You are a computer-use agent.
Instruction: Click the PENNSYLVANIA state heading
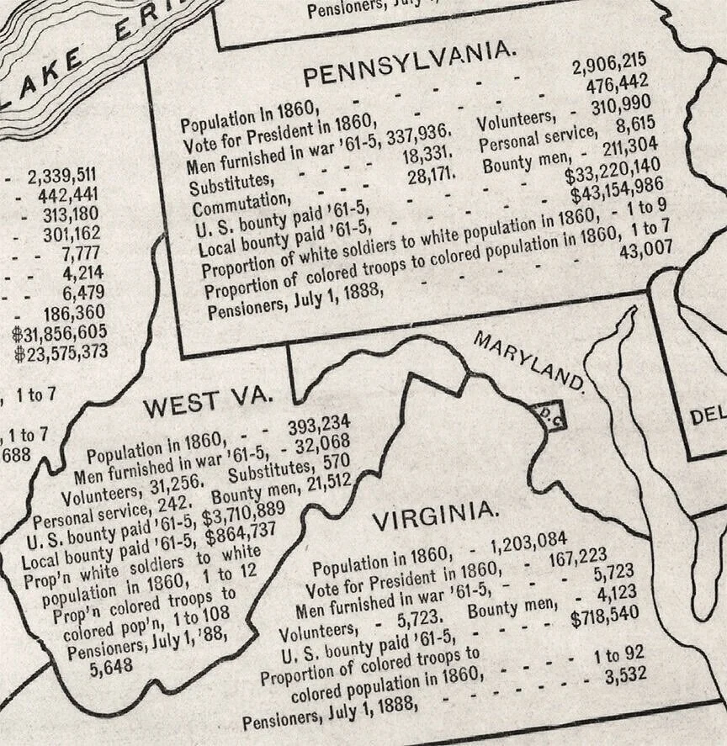point(410,63)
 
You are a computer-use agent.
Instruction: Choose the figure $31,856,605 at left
point(60,332)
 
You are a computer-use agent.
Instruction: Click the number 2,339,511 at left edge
point(61,175)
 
